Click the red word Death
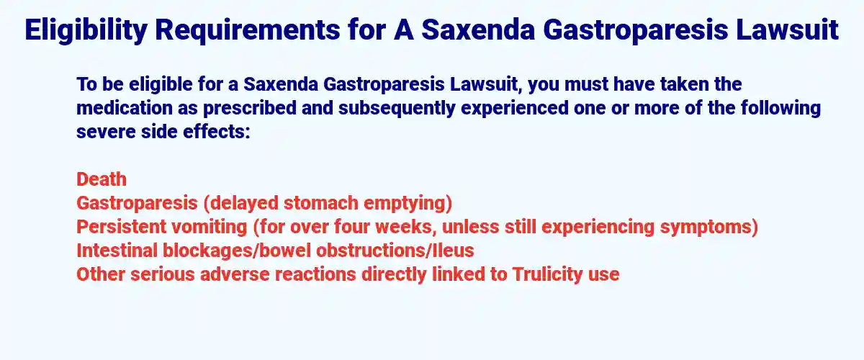coord(102,179)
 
